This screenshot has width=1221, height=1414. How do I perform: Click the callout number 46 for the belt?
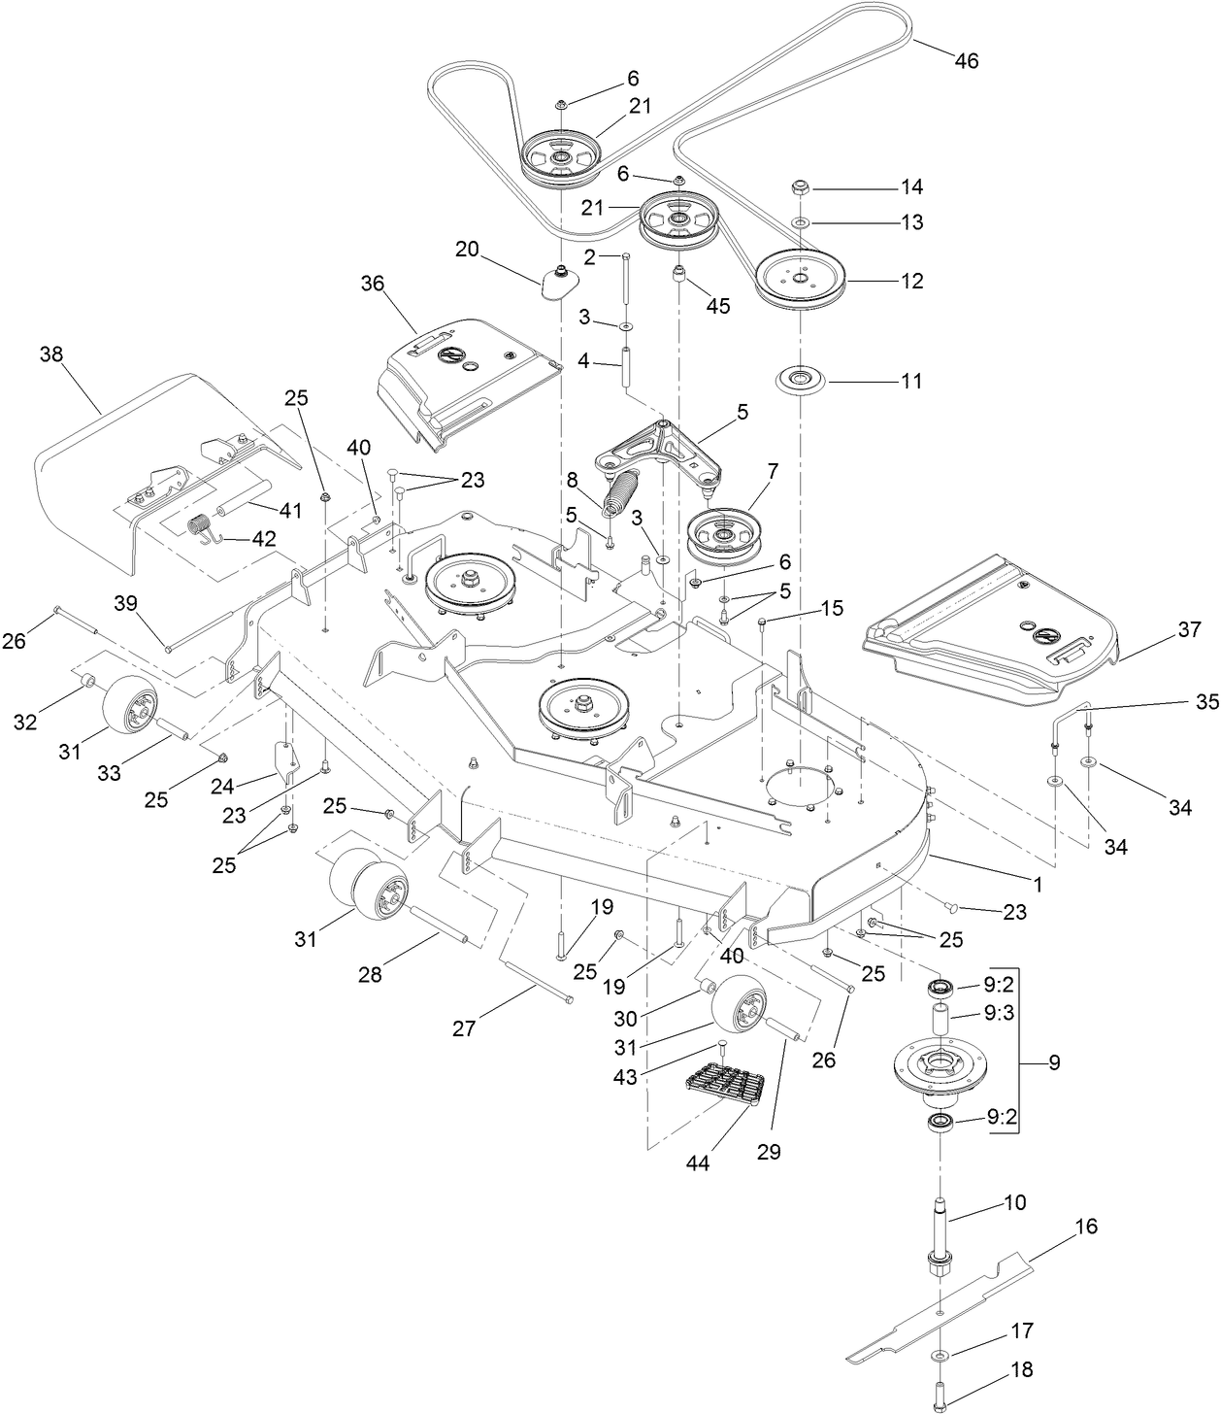[966, 60]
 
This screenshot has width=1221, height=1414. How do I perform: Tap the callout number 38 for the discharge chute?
[50, 355]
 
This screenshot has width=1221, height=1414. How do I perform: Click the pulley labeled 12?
[801, 280]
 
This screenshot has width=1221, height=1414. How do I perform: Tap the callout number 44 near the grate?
[697, 1162]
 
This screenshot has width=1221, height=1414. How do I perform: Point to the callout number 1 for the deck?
[1038, 885]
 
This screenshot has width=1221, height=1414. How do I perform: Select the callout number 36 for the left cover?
[373, 284]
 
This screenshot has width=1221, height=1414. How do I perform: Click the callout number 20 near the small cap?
[467, 249]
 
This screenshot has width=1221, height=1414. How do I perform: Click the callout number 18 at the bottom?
[1021, 1369]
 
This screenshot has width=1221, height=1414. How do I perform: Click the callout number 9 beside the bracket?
[1053, 1062]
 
